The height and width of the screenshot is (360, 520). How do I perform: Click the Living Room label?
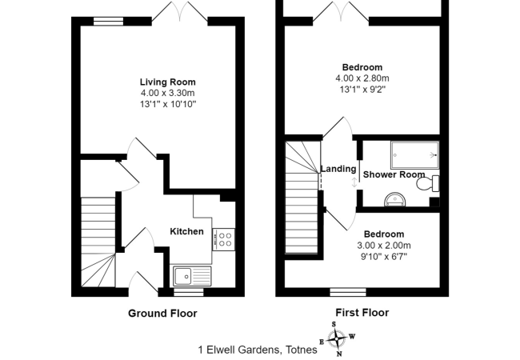tap(167, 82)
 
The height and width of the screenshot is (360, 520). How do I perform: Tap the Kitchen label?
tap(186, 232)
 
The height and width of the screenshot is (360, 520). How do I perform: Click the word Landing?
tap(337, 169)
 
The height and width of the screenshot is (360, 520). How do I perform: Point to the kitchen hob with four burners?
tap(225, 238)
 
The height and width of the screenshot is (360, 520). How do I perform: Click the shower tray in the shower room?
tap(414, 152)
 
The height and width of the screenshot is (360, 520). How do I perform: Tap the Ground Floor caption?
tap(162, 314)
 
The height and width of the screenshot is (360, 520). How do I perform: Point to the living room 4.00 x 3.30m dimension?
tap(167, 94)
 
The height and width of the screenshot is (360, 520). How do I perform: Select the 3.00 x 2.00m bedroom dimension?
tap(384, 246)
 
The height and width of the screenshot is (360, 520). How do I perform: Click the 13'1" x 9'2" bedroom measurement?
tap(362, 90)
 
